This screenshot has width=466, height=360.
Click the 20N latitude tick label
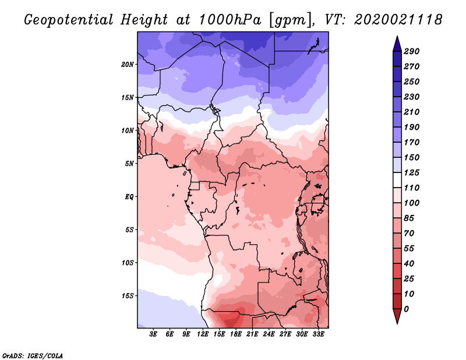(128, 65)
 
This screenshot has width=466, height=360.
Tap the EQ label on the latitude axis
(129, 197)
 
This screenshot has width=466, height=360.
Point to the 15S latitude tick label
(128, 296)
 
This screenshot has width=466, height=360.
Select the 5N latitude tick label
(129, 164)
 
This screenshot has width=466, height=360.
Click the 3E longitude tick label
(153, 334)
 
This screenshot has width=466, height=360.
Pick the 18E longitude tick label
(236, 334)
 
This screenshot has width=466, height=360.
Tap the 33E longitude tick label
(318, 334)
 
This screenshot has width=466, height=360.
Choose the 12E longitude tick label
(203, 334)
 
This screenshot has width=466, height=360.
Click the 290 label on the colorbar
(411, 51)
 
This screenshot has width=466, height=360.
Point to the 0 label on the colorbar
(406, 309)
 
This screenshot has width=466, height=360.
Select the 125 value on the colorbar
(411, 172)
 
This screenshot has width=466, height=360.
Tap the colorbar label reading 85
(409, 218)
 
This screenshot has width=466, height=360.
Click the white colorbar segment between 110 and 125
(397, 180)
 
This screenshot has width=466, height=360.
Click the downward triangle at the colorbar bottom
(397, 316)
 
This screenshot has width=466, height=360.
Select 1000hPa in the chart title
(230, 20)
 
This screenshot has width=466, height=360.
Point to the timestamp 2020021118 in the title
(398, 20)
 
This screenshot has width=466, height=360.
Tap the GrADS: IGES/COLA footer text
(33, 356)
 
